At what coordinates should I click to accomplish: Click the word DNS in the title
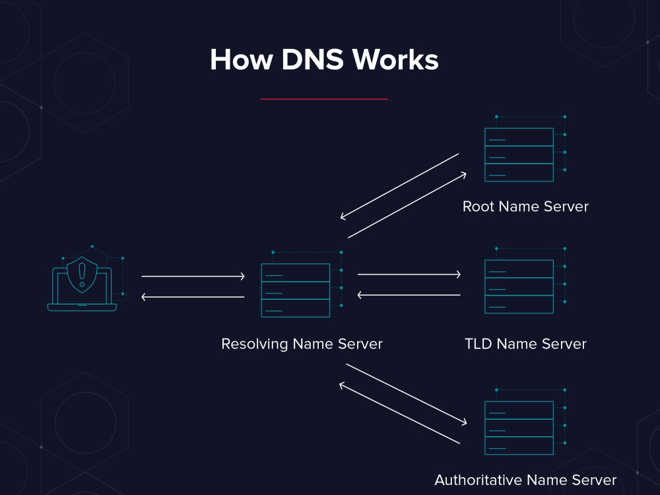click(313, 59)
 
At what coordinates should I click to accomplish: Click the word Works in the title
click(395, 59)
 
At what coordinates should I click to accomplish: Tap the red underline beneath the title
click(324, 99)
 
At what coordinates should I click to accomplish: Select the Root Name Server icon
click(525, 149)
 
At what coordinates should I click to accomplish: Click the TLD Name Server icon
click(525, 280)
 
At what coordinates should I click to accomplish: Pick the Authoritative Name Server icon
click(525, 422)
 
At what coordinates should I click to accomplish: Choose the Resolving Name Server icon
click(302, 284)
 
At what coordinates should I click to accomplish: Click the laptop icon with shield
click(86, 279)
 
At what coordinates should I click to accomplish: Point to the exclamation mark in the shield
click(82, 275)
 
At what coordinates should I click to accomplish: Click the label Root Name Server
click(525, 206)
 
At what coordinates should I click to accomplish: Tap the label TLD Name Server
click(525, 344)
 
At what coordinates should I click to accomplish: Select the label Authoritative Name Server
click(525, 480)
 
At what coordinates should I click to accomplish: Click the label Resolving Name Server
click(302, 344)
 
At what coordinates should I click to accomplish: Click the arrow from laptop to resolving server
click(193, 276)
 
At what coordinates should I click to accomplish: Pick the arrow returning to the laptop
click(193, 297)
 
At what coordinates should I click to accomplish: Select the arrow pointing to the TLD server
click(409, 275)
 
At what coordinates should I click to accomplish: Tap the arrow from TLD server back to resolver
click(409, 295)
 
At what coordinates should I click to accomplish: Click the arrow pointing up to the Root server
click(407, 205)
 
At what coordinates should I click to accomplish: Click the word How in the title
click(242, 59)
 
